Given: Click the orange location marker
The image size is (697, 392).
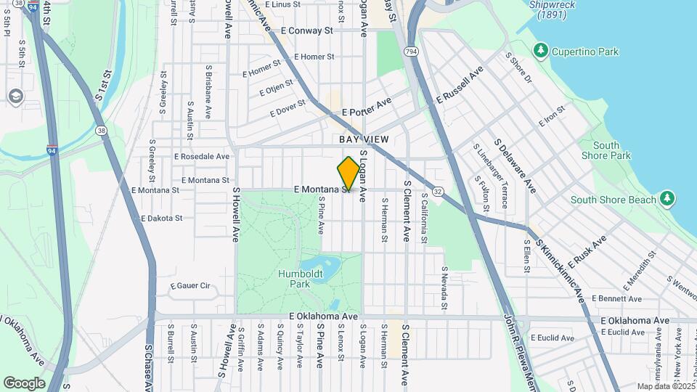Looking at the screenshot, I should click(x=348, y=173).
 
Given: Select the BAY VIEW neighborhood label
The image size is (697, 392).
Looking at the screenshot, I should click(x=364, y=139).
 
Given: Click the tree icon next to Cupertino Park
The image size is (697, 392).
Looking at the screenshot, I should click(x=539, y=51).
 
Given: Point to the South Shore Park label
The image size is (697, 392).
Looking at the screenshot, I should click(x=606, y=150).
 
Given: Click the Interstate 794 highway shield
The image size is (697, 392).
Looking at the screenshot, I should click(x=412, y=52).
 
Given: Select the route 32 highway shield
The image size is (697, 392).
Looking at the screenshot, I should click(x=438, y=191).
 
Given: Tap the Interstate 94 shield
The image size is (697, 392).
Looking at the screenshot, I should click(x=52, y=151).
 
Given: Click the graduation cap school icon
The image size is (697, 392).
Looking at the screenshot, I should click(x=15, y=97).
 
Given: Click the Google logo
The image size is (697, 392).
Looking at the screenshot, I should click(x=25, y=383).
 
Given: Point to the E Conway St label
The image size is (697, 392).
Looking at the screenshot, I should click(x=306, y=31).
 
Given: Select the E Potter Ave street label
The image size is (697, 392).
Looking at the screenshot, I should click(x=366, y=107).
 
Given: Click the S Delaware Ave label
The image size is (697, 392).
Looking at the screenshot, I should click(x=515, y=166).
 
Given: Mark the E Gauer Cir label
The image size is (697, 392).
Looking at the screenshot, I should click(x=189, y=286).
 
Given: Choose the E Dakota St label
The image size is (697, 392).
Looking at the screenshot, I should click(x=161, y=218).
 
